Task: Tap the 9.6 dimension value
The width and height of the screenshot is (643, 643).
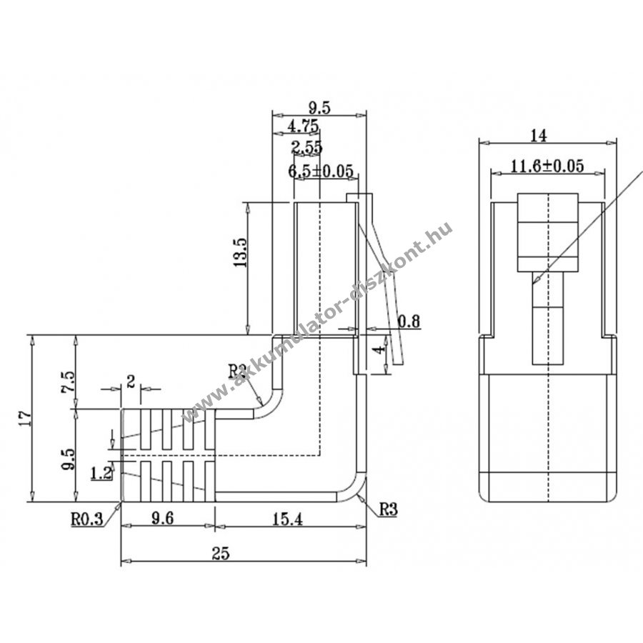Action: [x=164, y=520]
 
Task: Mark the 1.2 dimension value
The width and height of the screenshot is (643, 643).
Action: [x=101, y=472]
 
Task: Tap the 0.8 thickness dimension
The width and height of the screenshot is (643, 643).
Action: [x=409, y=321]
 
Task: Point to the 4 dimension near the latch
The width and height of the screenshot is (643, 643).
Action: [x=382, y=349]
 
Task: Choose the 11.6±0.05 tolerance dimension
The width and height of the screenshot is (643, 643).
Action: [x=548, y=166]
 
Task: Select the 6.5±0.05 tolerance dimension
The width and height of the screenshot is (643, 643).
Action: [x=321, y=171]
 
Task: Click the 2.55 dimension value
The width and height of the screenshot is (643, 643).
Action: [x=306, y=148]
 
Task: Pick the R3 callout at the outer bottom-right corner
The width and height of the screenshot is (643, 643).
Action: [x=388, y=509]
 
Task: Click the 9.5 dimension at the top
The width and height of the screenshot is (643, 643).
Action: [x=319, y=108]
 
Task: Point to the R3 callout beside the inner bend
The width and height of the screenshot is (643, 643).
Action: [x=238, y=371]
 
